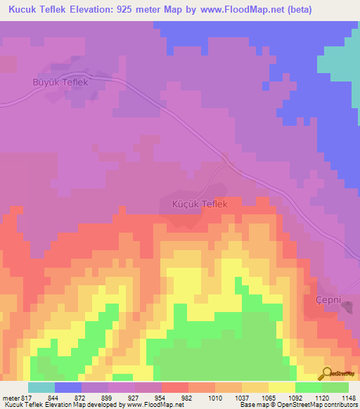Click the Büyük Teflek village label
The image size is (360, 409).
tap(60, 82)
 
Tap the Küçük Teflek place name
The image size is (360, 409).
tap(200, 204)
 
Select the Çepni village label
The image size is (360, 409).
tap(322, 300)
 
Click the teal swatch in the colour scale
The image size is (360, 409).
tap(41, 387)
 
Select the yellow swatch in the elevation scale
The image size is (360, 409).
tap(281, 387)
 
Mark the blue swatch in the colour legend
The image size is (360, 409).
tap(68, 387)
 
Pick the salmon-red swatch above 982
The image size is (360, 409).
tap(175, 387)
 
